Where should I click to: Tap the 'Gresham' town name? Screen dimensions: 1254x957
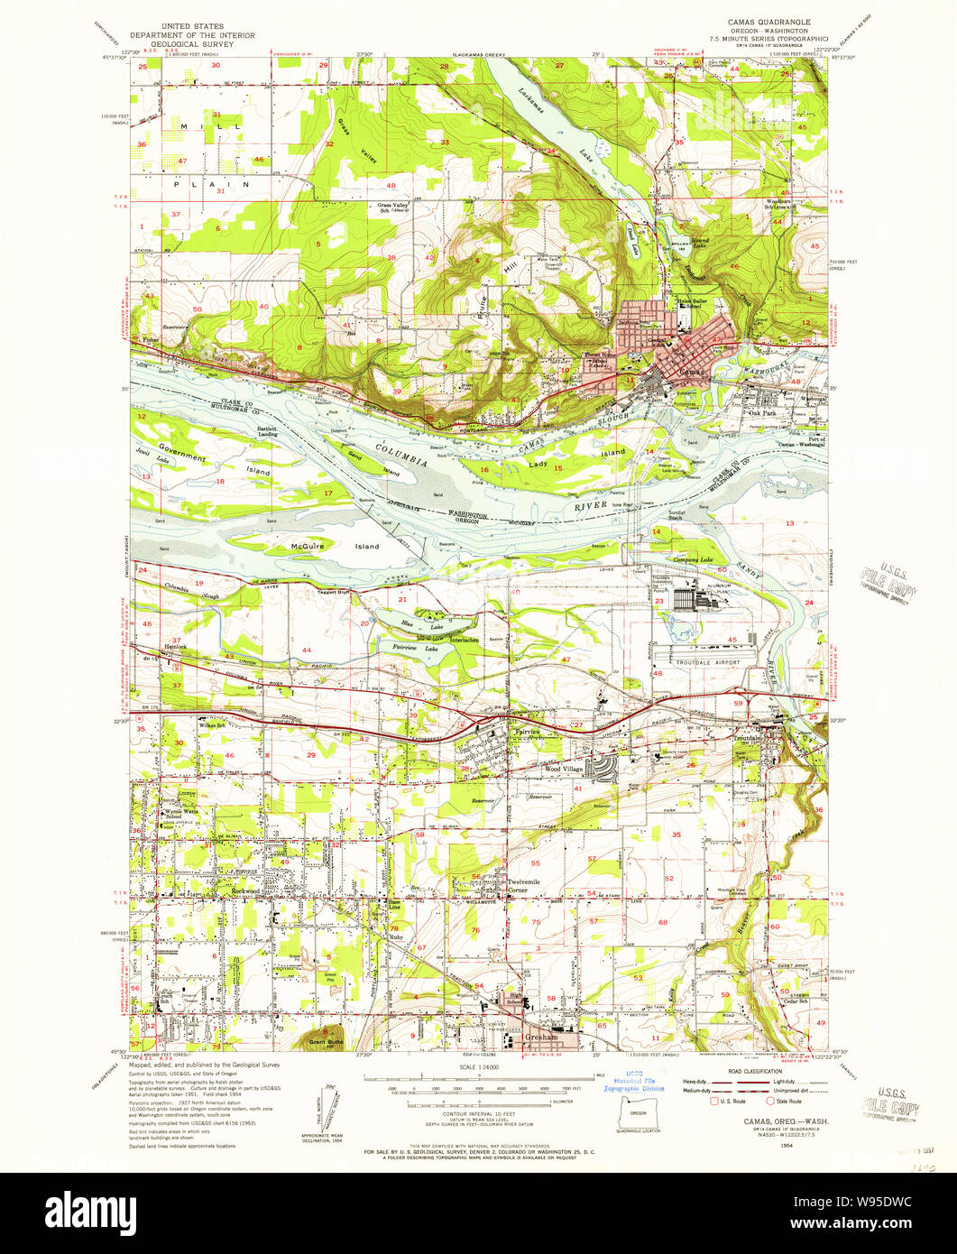pos(540,1038)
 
